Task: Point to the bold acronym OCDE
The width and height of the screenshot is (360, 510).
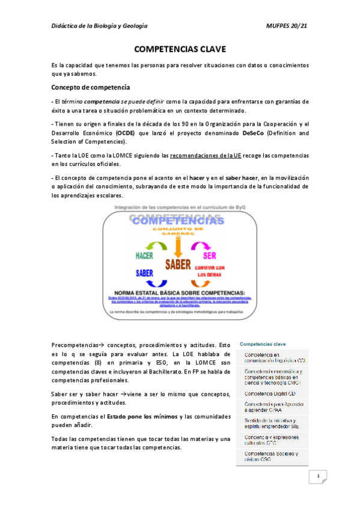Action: pyautogui.click(x=125, y=133)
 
